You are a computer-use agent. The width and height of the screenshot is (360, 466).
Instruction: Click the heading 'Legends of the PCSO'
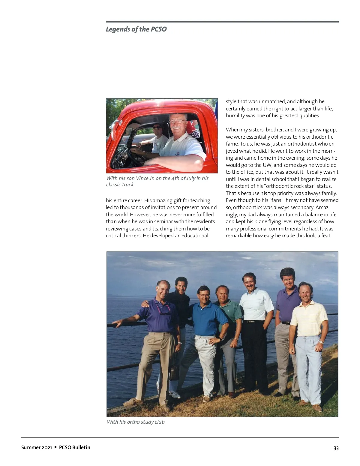coord(136,29)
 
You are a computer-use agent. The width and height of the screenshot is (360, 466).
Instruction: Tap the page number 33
coord(336,448)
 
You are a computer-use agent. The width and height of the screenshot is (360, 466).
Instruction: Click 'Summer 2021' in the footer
coord(37,447)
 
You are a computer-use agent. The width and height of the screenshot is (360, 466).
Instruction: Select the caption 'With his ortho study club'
coord(136,422)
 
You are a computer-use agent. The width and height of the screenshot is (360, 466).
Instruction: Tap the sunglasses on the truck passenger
coord(157,128)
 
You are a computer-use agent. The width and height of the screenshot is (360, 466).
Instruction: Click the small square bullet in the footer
coord(55,447)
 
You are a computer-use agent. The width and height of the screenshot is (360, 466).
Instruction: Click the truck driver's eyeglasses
coord(178,121)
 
